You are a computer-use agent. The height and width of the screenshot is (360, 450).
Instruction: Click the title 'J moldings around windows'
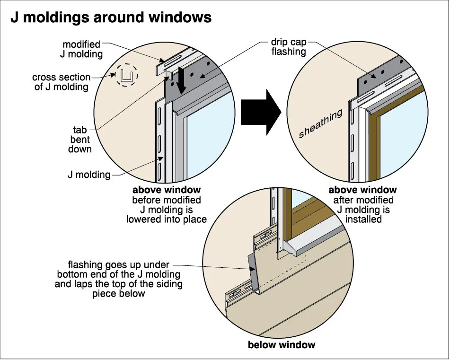[x=111, y=18]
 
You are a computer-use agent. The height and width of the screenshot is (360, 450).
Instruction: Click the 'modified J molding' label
[x=81, y=49]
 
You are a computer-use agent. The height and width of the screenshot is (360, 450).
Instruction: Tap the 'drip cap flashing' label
[x=289, y=47]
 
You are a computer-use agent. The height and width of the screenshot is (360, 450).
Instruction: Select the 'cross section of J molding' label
[x=61, y=82]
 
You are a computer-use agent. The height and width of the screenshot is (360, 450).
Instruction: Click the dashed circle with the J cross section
[x=126, y=75]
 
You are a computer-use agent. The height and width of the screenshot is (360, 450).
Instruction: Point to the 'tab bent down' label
[x=80, y=140]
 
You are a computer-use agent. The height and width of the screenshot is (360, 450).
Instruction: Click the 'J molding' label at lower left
[x=89, y=175]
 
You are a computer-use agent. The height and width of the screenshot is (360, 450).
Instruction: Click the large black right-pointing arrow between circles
[x=261, y=112]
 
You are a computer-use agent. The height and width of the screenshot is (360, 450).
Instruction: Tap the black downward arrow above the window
[x=180, y=80]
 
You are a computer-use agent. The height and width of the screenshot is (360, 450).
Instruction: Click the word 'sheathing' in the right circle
[x=320, y=123]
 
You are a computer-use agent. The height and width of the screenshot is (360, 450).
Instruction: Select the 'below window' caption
[x=282, y=344]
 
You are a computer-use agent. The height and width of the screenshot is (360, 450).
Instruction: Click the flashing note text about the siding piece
[x=118, y=279]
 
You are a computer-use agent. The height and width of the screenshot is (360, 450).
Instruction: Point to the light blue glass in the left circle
[x=210, y=135]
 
